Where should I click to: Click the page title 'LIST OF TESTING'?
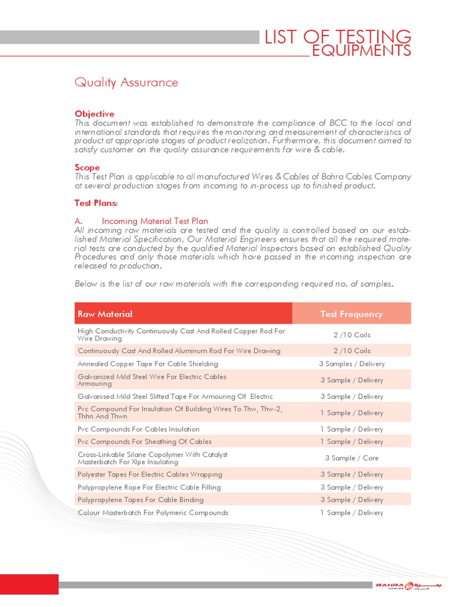337,37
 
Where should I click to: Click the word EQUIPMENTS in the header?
361,52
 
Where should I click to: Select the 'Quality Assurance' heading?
126,82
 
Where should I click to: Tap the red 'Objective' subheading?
94,113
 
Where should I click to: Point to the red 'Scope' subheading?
87,168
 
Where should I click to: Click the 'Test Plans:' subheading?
96,203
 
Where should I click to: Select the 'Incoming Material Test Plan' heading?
155,221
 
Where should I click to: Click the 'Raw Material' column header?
105,314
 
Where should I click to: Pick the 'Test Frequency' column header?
351,314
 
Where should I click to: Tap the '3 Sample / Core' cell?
351,458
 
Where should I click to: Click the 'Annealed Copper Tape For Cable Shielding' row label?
148,364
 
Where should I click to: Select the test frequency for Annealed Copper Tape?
351,364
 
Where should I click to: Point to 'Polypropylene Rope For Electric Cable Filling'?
149,487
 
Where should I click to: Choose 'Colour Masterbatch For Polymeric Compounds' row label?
153,513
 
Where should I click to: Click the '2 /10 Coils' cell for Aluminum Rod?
351,351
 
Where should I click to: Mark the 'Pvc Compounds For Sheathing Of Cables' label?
145,442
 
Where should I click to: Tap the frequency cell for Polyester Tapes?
351,474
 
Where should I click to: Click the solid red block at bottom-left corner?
29,584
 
